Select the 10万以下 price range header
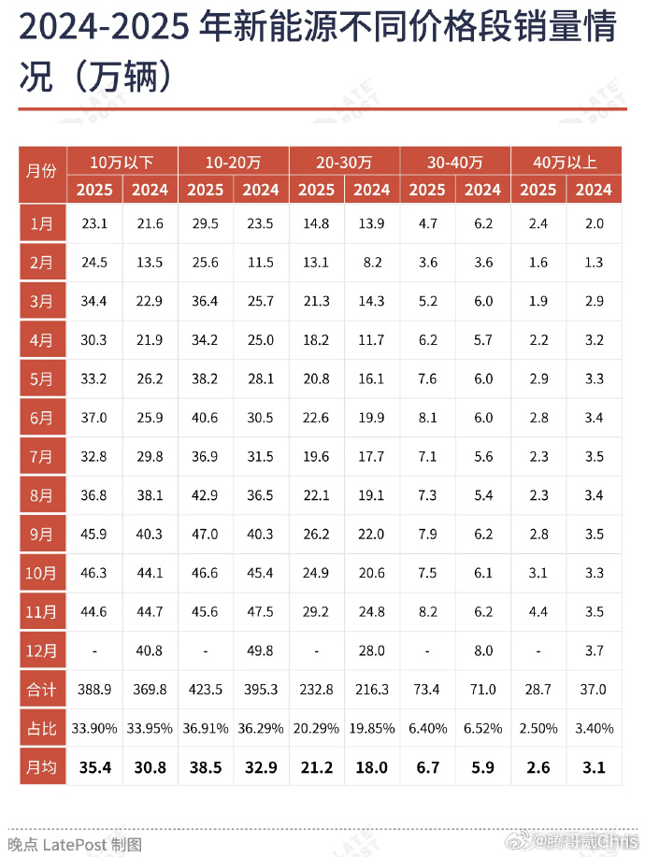tap(122, 162)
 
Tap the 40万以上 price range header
tap(566, 162)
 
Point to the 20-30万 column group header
tap(344, 162)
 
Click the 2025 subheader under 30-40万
tap(427, 190)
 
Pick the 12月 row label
tap(42, 650)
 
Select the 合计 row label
tap(42, 689)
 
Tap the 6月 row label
tap(42, 418)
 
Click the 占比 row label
tap(42, 727)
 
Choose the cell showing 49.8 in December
tap(261, 650)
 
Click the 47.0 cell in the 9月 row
tap(206, 535)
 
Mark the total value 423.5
tap(206, 689)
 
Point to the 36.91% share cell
tap(206, 727)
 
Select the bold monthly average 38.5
tap(206, 767)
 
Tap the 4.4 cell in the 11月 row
tap(537, 612)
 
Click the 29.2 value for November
tap(316, 612)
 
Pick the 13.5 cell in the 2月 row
tap(150, 263)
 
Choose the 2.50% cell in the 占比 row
tap(537, 727)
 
